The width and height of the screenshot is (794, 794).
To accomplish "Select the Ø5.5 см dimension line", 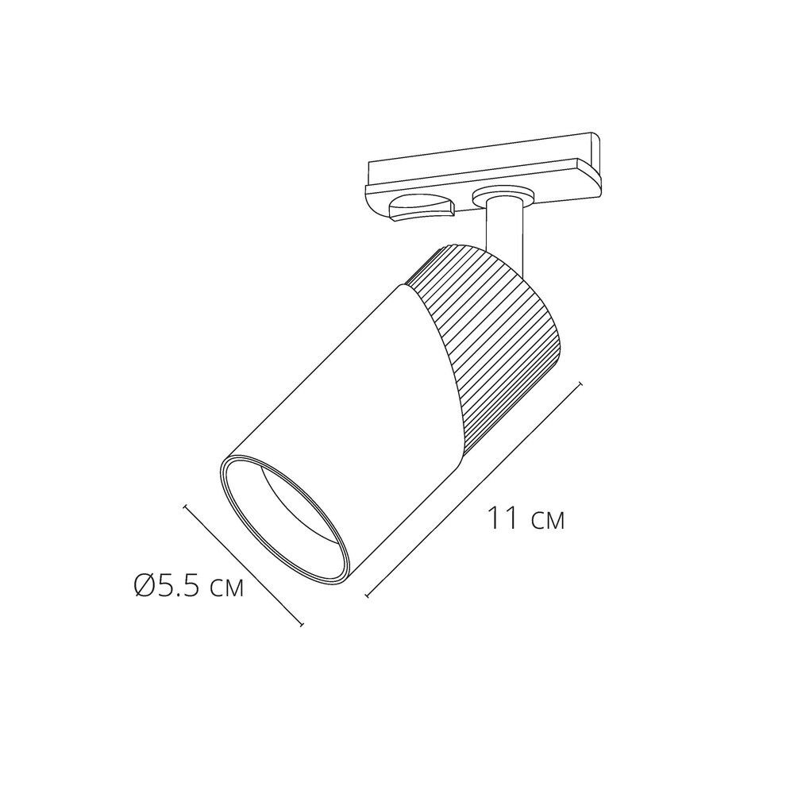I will [244, 566].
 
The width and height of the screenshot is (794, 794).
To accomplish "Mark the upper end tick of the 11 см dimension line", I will [582, 385].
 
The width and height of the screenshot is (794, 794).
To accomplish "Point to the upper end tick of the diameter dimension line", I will [185, 505].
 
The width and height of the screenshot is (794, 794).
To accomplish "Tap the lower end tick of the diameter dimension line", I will [302, 626].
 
